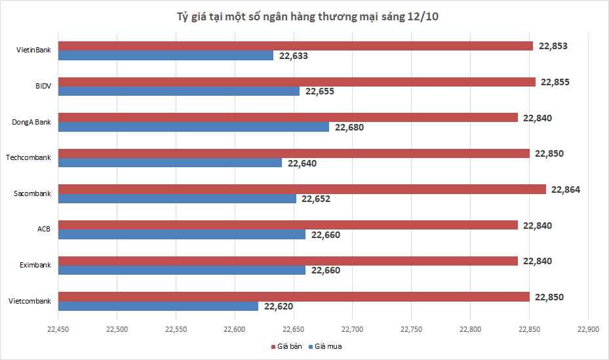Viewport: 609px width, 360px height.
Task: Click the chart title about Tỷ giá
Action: [x=304, y=17]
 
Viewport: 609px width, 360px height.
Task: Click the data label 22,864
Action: [x=566, y=190]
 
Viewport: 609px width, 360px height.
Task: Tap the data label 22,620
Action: [x=279, y=306]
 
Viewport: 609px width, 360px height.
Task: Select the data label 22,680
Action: [x=349, y=127]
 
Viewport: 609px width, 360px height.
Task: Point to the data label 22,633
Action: [x=293, y=56]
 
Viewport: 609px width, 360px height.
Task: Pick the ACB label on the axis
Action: [x=44, y=230]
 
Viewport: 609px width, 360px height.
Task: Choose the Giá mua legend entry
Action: [x=328, y=346]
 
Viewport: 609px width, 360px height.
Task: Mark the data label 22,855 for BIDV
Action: [x=555, y=82]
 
